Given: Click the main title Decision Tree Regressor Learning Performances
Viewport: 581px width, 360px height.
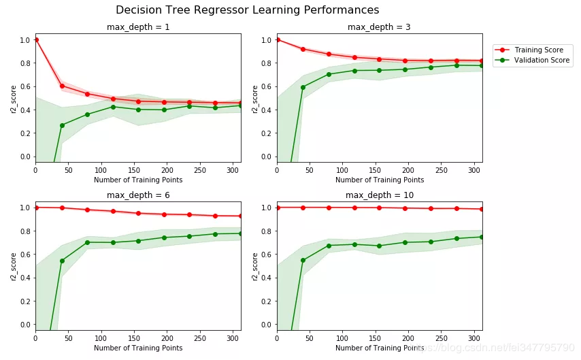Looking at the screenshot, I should point(247,10).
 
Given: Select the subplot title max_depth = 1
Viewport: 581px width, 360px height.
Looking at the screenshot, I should point(137,27).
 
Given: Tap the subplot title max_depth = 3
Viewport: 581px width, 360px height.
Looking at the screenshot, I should point(379,27).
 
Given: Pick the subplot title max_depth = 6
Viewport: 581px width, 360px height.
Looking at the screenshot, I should point(137,195).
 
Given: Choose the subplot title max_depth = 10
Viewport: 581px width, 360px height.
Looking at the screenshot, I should point(379,195).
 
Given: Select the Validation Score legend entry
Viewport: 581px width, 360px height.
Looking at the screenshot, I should point(542,61).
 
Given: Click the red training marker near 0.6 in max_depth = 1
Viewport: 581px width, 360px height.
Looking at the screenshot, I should point(62,86).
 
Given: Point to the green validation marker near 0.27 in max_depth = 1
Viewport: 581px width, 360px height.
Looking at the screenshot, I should point(62,125).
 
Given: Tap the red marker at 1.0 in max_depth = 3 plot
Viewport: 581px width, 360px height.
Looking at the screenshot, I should point(277,39).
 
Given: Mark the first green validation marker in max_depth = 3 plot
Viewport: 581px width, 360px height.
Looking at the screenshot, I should point(303,87).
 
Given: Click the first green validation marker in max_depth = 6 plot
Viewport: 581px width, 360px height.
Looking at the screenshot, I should point(62,261).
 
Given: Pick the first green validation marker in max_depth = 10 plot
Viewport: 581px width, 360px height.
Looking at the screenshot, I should point(303,260).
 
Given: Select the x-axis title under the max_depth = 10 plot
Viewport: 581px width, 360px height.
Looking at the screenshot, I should point(379,348).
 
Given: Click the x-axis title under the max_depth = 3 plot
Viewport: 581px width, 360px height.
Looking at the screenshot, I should point(379,180).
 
